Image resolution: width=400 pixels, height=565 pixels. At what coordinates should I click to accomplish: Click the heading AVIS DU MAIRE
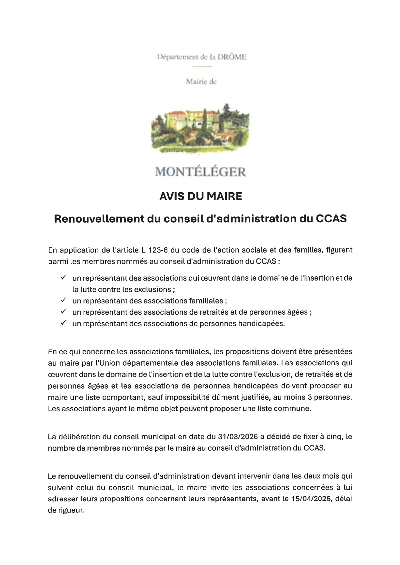pyautogui.click(x=200, y=196)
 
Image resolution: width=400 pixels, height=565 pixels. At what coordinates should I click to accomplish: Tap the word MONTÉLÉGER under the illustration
pyautogui.click(x=200, y=172)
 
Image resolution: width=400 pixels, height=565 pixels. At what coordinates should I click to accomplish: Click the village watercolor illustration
pyautogui.click(x=200, y=128)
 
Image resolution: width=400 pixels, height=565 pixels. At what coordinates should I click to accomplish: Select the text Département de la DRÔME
pyautogui.click(x=202, y=57)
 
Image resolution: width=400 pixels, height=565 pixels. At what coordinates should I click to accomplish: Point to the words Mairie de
pyautogui.click(x=201, y=82)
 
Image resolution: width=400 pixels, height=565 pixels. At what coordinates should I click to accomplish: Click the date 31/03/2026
pyautogui.click(x=238, y=437)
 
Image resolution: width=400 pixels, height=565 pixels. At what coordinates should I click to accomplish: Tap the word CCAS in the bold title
pyautogui.click(x=331, y=219)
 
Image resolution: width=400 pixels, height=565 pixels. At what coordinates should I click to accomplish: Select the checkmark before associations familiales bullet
pyautogui.click(x=64, y=300)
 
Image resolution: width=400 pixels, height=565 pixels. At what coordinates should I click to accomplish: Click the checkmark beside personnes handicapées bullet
pyautogui.click(x=64, y=323)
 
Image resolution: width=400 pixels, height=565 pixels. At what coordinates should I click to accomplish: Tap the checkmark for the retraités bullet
pyautogui.click(x=64, y=311)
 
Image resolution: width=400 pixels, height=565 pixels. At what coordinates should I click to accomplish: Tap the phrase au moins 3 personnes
pyautogui.click(x=312, y=397)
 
